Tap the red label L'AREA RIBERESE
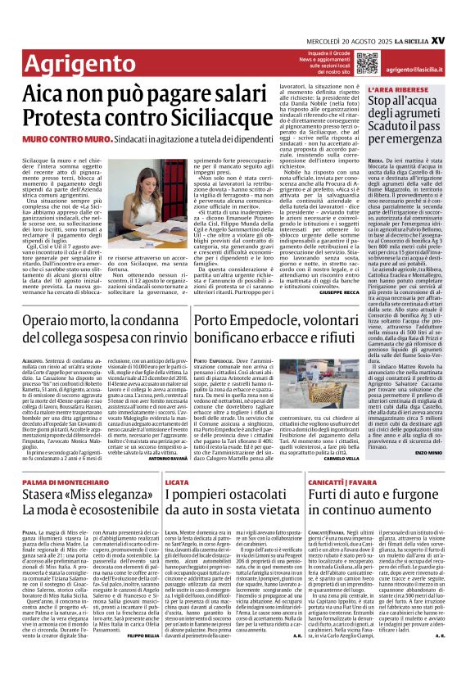coord(392,88)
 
